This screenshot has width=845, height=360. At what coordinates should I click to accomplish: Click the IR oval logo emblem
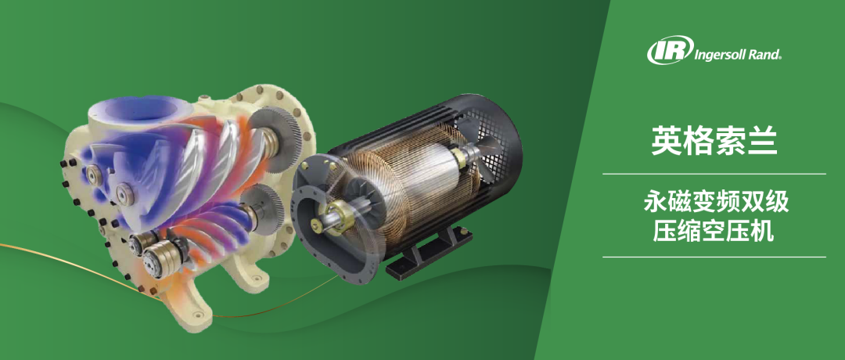click(670, 51)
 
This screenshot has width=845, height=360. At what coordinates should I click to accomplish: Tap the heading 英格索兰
click(714, 141)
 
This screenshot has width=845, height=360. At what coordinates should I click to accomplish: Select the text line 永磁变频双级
click(716, 203)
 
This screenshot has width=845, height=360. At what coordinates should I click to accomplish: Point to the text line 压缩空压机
click(714, 231)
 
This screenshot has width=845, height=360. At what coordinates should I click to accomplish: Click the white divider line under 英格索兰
click(714, 174)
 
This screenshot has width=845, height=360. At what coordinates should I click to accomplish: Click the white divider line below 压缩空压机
click(714, 257)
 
